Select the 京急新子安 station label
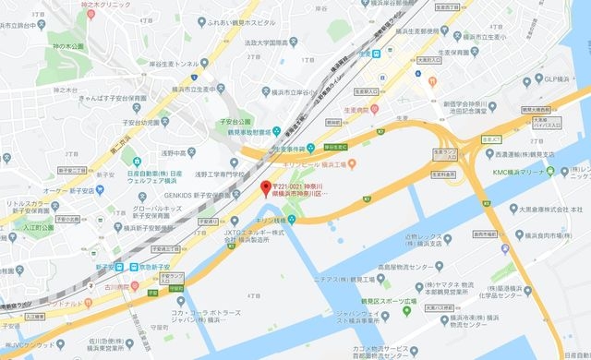pos(151,266)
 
